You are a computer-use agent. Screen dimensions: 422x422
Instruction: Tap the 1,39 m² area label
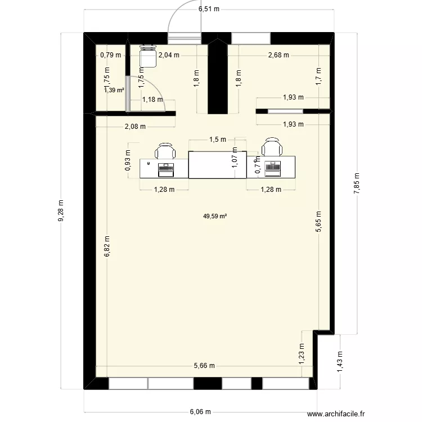[x=114, y=89]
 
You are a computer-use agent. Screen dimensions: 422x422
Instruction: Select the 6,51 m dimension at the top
[x=209, y=9]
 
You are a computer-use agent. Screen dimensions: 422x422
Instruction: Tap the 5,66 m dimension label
[x=204, y=366]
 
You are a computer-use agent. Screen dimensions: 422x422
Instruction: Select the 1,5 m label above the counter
[x=217, y=140]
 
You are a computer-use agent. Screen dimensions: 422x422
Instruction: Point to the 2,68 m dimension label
[x=278, y=55]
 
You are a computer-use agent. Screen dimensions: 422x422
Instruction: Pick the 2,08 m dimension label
[x=135, y=127]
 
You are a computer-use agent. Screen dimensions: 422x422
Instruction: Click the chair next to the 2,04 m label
[x=147, y=55]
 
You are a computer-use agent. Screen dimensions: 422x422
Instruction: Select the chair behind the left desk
[x=165, y=151]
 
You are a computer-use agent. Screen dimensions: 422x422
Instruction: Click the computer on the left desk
[x=165, y=168]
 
